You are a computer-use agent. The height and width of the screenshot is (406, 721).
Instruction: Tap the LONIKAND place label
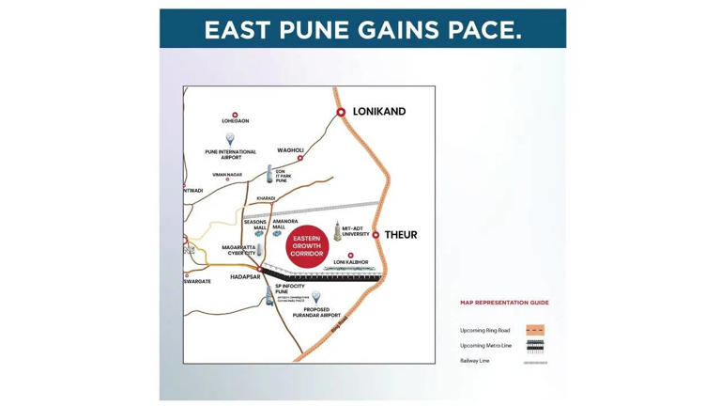coord(379,112)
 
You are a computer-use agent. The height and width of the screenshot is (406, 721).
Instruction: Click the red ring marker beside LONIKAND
coord(341,113)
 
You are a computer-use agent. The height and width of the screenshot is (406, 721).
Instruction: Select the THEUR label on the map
coord(401,235)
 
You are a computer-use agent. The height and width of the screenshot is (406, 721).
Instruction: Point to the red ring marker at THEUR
coord(376,235)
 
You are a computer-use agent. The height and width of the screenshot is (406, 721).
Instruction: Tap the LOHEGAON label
coord(235,121)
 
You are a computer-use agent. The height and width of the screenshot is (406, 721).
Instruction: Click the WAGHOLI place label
coord(290,150)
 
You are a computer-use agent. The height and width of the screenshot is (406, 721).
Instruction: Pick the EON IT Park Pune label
coord(282,176)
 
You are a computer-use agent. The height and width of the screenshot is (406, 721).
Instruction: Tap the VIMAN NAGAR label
coord(227,174)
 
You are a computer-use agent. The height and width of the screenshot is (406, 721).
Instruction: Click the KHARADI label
coord(266,198)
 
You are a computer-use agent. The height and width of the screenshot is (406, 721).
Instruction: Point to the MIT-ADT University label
coord(356,231)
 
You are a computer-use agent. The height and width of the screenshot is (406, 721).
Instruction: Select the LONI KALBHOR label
coord(351,262)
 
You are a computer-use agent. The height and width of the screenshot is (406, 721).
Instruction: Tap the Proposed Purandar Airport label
coord(316,313)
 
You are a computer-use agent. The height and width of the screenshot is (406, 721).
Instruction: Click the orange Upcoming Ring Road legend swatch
coord(535,330)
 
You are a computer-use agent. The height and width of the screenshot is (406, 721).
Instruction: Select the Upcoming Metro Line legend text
coord(485,346)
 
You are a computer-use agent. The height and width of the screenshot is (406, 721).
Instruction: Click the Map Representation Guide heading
coord(504,303)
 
